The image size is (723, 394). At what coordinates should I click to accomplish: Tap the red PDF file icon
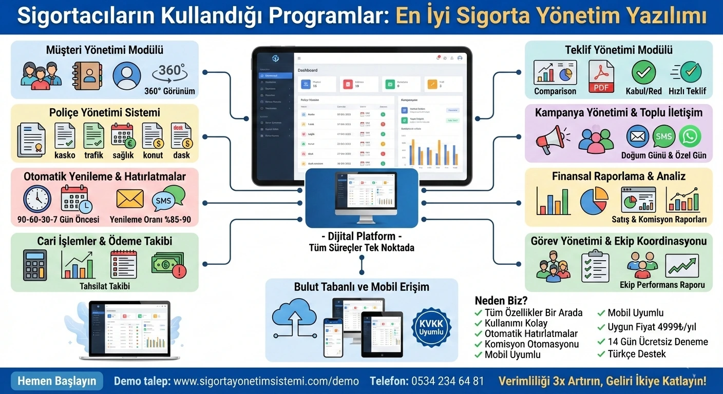(x=600, y=75)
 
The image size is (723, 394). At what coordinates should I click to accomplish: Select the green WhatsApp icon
(x=689, y=136)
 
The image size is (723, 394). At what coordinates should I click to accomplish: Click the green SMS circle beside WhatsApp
(x=663, y=136)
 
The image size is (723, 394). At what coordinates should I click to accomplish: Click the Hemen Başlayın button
(x=57, y=381)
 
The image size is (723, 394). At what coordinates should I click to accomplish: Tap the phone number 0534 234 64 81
(x=447, y=381)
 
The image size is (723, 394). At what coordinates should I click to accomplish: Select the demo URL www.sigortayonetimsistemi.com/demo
(x=266, y=381)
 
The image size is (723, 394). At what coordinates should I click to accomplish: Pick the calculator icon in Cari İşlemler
(x=35, y=264)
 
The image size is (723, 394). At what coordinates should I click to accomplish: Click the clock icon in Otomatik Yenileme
(x=37, y=199)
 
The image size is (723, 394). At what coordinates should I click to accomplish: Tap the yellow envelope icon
(x=130, y=199)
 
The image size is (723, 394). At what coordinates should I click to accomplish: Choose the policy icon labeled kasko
(x=65, y=137)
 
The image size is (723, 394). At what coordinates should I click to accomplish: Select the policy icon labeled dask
(x=181, y=137)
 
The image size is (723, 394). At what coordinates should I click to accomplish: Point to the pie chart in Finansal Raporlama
(x=594, y=201)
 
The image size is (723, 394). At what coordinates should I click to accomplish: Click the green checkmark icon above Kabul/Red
(x=643, y=72)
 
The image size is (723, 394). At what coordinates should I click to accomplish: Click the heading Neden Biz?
(x=501, y=301)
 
